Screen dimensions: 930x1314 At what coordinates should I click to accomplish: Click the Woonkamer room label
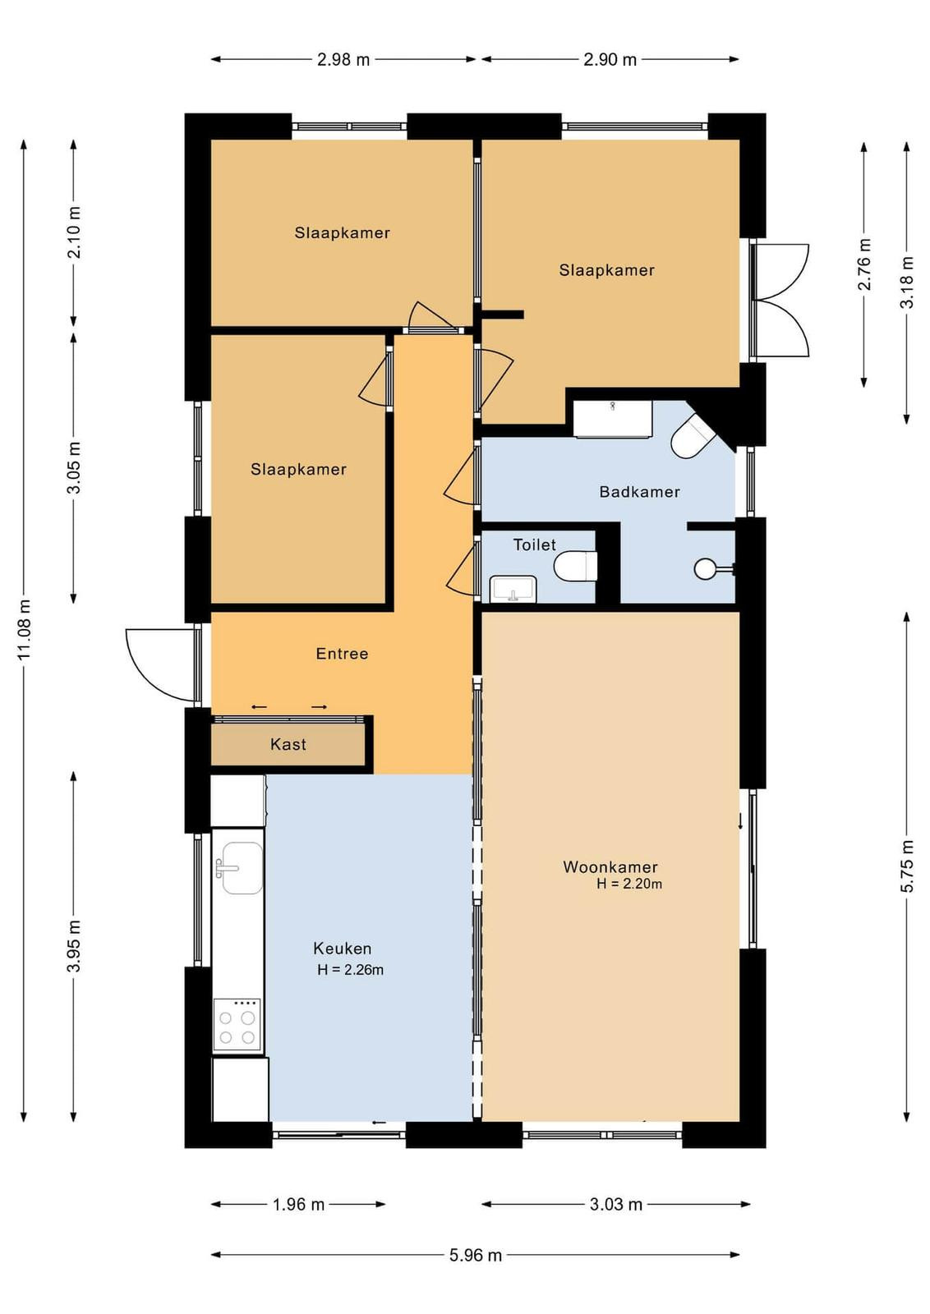tap(610, 866)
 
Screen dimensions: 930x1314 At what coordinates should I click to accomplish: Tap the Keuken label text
tap(342, 948)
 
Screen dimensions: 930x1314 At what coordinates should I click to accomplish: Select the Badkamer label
tap(639, 492)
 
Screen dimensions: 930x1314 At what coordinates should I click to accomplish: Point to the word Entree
tap(342, 654)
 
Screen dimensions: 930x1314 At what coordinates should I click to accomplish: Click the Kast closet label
tap(288, 744)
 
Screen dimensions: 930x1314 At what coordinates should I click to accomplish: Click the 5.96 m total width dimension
tap(475, 1255)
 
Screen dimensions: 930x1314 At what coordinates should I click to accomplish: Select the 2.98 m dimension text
tap(343, 59)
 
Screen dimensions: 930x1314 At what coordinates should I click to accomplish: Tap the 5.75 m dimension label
tap(906, 866)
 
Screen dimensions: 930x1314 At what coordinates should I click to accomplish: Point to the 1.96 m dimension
tap(298, 1204)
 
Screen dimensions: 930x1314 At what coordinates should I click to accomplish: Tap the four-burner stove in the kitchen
tap(237, 1023)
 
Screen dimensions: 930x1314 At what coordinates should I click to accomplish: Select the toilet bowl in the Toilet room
tap(576, 566)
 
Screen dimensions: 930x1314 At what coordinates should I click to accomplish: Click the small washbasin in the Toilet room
tap(513, 588)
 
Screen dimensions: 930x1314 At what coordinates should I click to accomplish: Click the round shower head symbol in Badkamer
tap(704, 568)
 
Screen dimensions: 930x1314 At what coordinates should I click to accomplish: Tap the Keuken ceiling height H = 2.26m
tap(350, 970)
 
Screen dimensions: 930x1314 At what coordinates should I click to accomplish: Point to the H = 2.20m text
tap(629, 884)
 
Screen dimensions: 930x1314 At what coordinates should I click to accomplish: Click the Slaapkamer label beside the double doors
tap(606, 270)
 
